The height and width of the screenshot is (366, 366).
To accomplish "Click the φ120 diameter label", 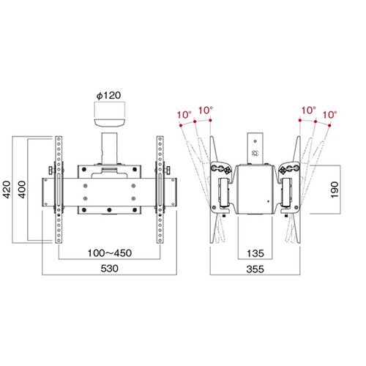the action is pos(108,95).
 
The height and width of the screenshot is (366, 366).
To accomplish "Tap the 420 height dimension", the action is pos(7,190).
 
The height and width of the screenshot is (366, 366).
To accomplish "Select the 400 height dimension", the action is pos(22,190).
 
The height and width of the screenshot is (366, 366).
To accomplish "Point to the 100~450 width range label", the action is pos(110,253).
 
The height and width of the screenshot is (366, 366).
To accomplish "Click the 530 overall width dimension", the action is pos(110,269).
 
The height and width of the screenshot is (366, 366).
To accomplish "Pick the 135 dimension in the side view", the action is pos(255,253).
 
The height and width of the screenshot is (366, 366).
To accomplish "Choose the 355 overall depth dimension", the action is pos(255,269).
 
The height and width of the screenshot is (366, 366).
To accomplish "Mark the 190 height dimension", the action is pos(335,190).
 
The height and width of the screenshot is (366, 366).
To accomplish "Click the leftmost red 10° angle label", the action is pos(184,115).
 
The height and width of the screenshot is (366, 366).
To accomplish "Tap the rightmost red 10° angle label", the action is pos(329,115).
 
